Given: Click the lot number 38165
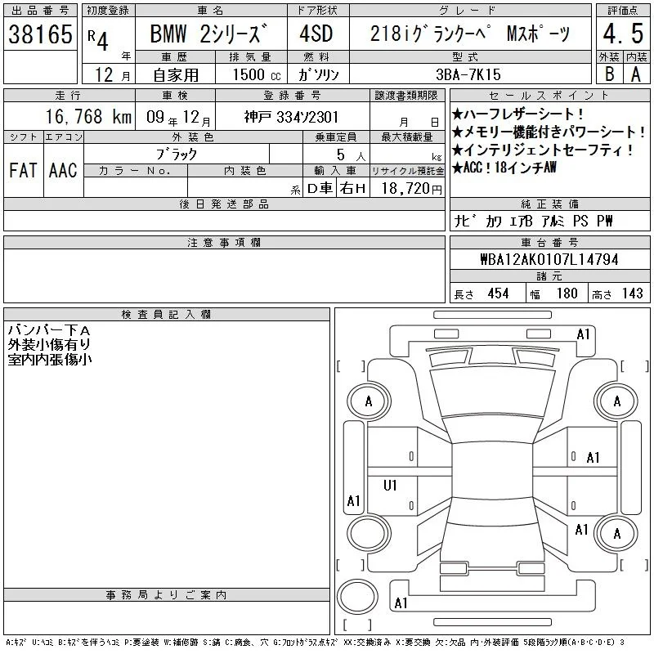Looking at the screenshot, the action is point(40,34).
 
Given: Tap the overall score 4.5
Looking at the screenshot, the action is point(623,34).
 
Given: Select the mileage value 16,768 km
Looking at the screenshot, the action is point(88,116).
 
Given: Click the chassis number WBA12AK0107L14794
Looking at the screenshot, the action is point(549,259).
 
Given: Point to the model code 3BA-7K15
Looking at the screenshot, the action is point(468,74).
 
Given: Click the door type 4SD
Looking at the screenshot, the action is point(316,34).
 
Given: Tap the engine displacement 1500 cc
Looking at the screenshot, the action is point(257,75).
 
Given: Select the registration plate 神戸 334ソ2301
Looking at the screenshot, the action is point(291,117).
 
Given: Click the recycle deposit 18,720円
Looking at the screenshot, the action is point(412,189).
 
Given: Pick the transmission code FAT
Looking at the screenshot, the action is point(23,170).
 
